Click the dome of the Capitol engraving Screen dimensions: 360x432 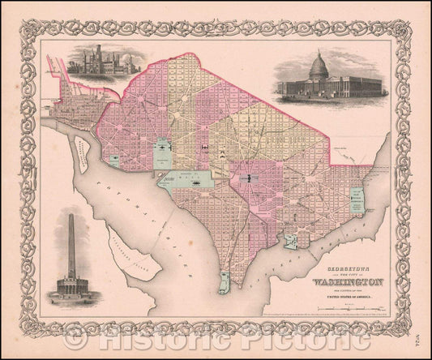[317, 64]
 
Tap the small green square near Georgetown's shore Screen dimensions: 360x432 [113, 162]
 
